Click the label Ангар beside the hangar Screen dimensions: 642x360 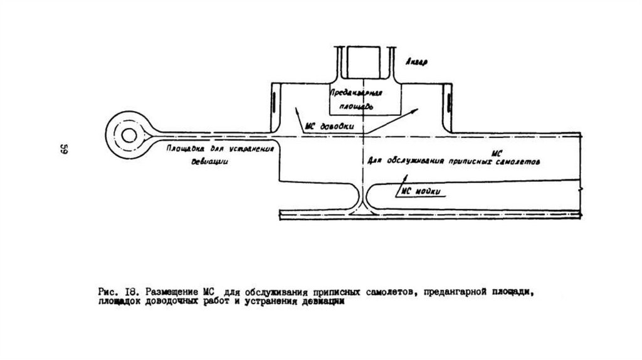coord(417,63)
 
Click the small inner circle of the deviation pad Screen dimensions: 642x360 coord(130,135)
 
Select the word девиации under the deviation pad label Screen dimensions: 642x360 coord(209,161)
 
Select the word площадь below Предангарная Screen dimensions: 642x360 coord(358,107)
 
